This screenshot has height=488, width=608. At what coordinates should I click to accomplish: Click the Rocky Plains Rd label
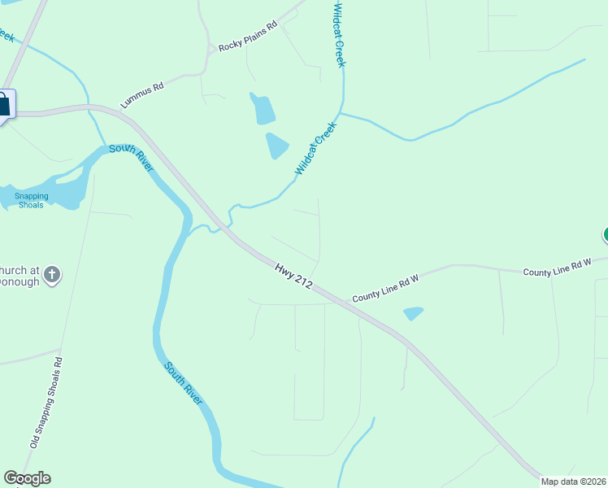pyautogui.click(x=248, y=37)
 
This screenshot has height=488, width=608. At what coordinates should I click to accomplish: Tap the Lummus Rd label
pyautogui.click(x=142, y=94)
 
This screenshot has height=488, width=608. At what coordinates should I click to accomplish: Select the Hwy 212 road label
pyautogui.click(x=293, y=274)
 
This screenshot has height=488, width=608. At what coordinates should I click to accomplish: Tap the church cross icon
pyautogui.click(x=51, y=273)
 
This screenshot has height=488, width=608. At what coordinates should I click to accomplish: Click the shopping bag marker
pyautogui.click(x=3, y=105)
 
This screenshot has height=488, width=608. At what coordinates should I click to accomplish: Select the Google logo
pyautogui.click(x=27, y=478)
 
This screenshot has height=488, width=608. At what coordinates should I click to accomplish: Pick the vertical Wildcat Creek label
pyautogui.click(x=340, y=34)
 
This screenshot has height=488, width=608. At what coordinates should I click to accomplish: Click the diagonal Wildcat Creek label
pyautogui.click(x=315, y=148)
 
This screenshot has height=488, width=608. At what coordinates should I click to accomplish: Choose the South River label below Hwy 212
pyautogui.click(x=183, y=385)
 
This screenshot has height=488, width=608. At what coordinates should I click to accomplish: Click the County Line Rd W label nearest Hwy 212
pyautogui.click(x=385, y=289)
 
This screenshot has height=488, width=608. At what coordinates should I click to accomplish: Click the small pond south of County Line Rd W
pyautogui.click(x=413, y=313)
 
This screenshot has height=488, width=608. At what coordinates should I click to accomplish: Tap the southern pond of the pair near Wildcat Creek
pyautogui.click(x=276, y=146)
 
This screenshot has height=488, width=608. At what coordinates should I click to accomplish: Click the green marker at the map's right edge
pyautogui.click(x=605, y=236)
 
